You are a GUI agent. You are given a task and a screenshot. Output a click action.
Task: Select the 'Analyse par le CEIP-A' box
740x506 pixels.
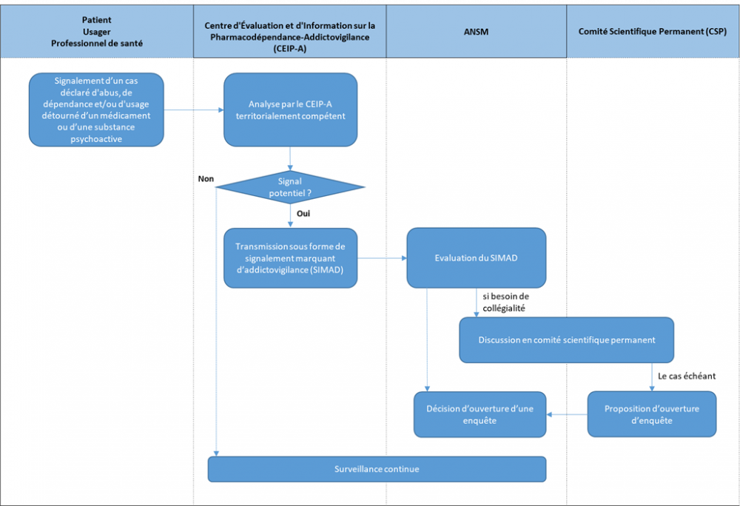pyautogui.click(x=290, y=109)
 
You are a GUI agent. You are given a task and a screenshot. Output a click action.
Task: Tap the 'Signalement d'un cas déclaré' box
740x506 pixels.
pyautogui.click(x=96, y=109)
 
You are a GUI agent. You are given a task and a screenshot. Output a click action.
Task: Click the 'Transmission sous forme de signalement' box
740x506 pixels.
pyautogui.click(x=290, y=258)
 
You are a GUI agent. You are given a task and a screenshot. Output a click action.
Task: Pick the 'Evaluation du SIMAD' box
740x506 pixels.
pyautogui.click(x=476, y=258)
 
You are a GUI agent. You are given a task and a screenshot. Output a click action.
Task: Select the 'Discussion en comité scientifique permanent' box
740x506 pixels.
pyautogui.click(x=566, y=340)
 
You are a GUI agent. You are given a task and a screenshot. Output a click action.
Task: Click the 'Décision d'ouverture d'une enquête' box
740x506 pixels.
pyautogui.click(x=480, y=414)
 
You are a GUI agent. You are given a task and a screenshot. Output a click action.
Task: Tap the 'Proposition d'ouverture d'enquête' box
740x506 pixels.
pyautogui.click(x=651, y=414)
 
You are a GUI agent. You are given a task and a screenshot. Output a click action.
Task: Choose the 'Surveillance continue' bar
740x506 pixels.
pyautogui.click(x=377, y=469)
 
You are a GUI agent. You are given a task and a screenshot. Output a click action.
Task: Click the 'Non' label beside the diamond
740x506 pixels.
pyautogui.click(x=206, y=178)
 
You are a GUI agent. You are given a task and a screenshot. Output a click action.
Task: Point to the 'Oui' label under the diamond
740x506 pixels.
pyautogui.click(x=303, y=212)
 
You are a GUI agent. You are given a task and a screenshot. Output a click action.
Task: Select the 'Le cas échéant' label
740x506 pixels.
pyautogui.click(x=686, y=376)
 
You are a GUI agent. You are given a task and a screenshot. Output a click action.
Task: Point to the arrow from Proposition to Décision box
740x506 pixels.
pyautogui.click(x=567, y=414)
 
